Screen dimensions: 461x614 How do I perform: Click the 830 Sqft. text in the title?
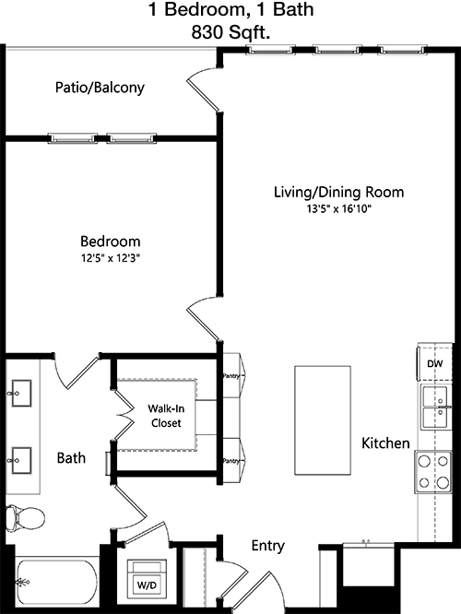[x=230, y=32]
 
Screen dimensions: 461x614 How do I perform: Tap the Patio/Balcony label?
[x=100, y=88]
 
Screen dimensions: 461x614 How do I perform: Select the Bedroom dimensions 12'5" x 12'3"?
[x=111, y=258]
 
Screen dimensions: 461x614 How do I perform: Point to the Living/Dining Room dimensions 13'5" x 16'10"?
[x=338, y=209]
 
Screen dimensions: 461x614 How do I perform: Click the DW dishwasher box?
[x=435, y=363]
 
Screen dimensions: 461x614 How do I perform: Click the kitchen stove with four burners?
[x=433, y=471]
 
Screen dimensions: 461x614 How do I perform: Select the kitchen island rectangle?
[x=323, y=420]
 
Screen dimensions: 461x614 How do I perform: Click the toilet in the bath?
[x=25, y=518]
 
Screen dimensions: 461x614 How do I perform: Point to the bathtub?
[x=57, y=583]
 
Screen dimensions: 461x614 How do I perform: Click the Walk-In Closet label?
[x=166, y=416]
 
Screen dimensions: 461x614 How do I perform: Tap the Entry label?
[x=268, y=546]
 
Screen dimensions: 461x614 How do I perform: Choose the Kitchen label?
[x=385, y=443]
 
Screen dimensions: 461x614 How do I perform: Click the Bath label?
[x=71, y=458]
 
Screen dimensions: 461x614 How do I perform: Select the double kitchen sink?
[x=435, y=407]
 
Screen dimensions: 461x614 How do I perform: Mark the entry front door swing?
[x=254, y=584]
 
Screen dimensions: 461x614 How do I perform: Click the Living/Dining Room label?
[x=338, y=193]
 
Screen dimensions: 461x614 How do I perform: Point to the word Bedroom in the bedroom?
[x=111, y=242]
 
